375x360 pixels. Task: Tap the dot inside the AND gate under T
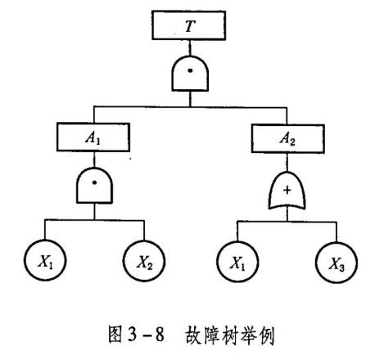coord(190,70)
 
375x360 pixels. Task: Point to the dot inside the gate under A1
coord(94,182)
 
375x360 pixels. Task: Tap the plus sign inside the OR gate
coord(287,190)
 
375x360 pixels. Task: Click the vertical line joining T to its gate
coord(190,48)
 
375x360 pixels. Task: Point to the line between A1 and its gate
coord(94,160)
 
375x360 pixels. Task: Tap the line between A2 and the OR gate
coord(287,163)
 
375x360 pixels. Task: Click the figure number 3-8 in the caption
coord(146,334)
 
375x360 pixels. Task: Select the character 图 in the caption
coord(115,334)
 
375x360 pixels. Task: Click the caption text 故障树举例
coord(230,335)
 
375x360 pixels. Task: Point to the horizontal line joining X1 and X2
coord(94,220)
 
